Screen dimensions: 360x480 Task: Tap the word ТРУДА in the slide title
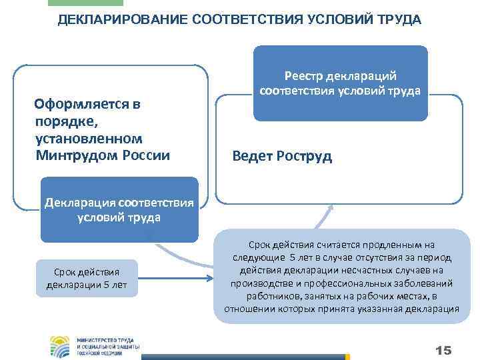pyautogui.click(x=398, y=19)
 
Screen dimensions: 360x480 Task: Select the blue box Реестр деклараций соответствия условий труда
pyautogui.click(x=341, y=83)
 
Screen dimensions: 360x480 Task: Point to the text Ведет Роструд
pyautogui.click(x=282, y=157)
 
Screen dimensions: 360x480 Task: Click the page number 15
pyautogui.click(x=443, y=350)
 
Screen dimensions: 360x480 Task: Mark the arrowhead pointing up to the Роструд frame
pyautogui.click(x=330, y=209)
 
